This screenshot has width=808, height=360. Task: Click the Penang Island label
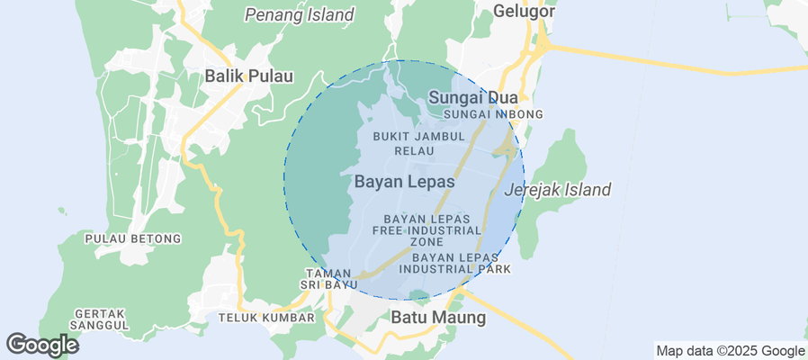click(x=300, y=14)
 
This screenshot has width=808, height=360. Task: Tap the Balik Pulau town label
click(x=249, y=76)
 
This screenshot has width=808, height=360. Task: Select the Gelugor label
click(x=523, y=12)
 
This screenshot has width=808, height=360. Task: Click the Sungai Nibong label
click(x=494, y=114)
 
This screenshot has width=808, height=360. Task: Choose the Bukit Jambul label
click(x=418, y=136)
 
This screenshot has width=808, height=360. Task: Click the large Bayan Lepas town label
click(x=405, y=181)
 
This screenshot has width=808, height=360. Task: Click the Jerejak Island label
click(x=558, y=190)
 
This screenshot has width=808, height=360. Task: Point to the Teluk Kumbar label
click(x=266, y=318)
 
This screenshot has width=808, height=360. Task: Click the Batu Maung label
click(x=438, y=318)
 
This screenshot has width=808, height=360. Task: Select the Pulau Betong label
click(x=133, y=238)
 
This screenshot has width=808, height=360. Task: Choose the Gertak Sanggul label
click(x=100, y=319)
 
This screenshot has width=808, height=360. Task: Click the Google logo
click(x=41, y=345)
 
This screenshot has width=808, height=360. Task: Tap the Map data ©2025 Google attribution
click(x=730, y=351)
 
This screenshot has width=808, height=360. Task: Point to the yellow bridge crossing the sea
click(x=684, y=70)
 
